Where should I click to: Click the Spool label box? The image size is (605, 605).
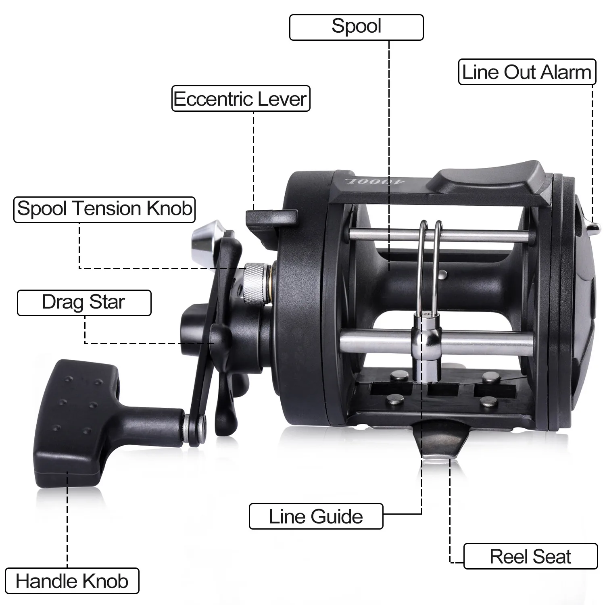tap(357, 27)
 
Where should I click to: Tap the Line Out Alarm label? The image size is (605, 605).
tap(527, 72)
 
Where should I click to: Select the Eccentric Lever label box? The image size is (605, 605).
tap(241, 98)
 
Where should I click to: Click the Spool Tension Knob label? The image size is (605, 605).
tap(104, 209)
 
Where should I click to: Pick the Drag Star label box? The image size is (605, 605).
tap(84, 302)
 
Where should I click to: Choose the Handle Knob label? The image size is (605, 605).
tap(72, 581)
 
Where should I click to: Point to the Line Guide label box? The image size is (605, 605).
tap(316, 516)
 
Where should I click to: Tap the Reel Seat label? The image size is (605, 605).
tap(530, 556)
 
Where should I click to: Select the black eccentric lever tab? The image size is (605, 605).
tap(271, 220)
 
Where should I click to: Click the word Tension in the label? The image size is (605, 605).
tap(106, 209)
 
